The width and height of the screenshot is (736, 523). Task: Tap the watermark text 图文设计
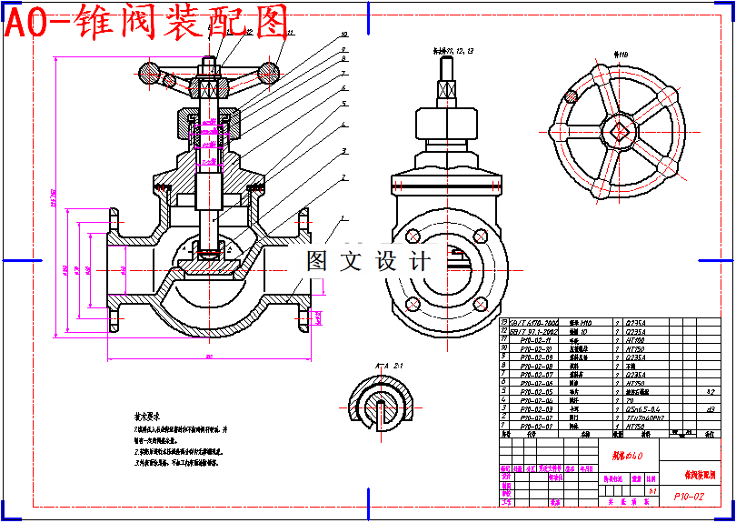(368, 261)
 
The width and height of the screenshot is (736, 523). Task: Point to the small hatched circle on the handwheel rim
(572, 95)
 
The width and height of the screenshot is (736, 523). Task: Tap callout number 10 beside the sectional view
(343, 34)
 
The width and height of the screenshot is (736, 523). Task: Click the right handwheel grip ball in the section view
(269, 69)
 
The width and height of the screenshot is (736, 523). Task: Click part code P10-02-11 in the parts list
(536, 340)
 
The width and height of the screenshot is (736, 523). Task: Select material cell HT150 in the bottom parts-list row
(635, 426)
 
